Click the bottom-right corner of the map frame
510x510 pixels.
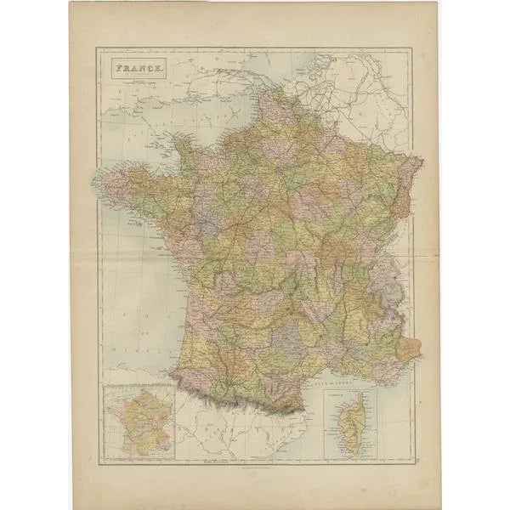414,462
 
